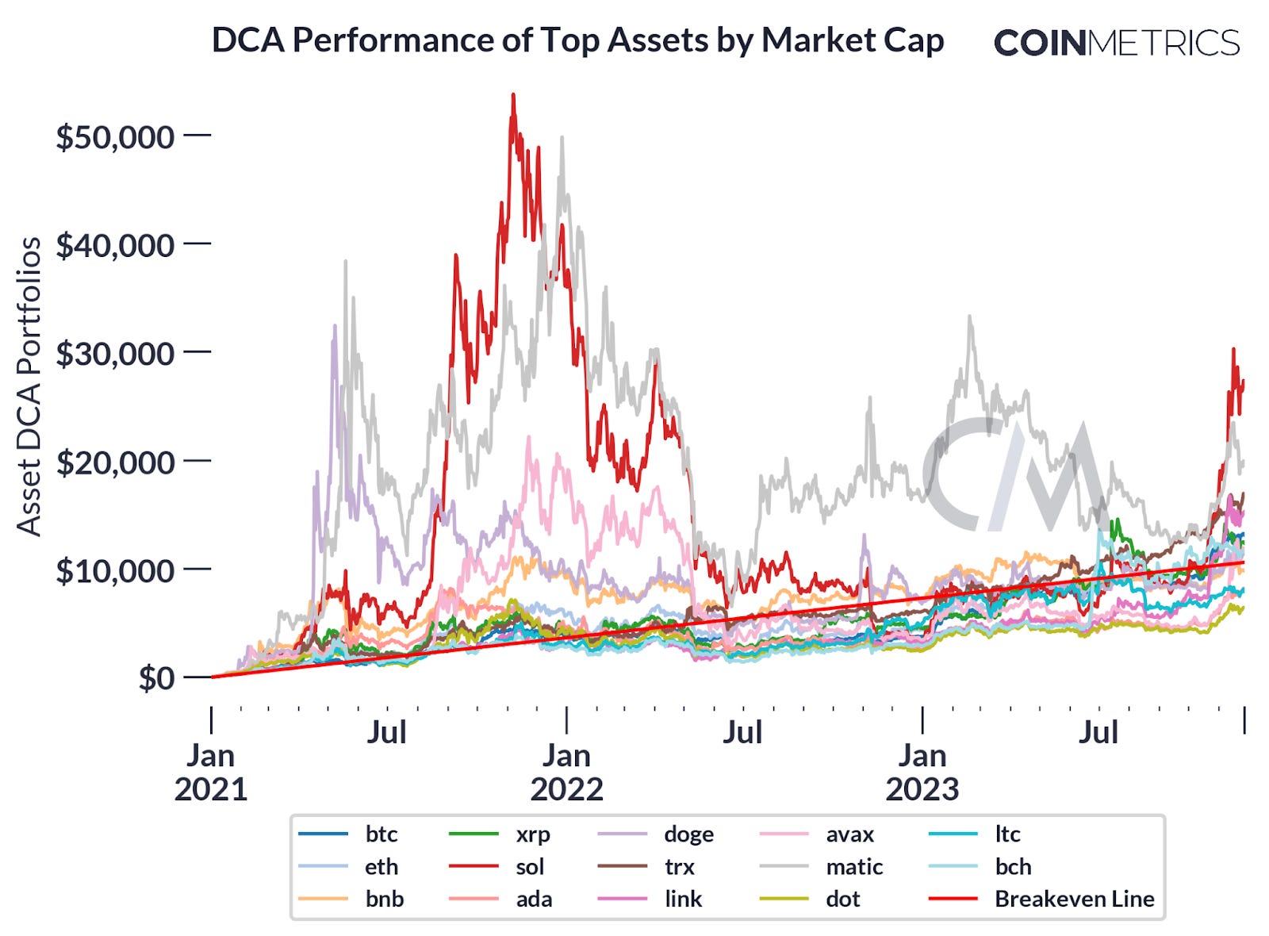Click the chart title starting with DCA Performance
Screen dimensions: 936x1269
tap(577, 40)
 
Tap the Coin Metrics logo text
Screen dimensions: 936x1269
tap(1116, 43)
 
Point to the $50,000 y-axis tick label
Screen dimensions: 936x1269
tap(114, 137)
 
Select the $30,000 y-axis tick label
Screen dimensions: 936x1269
tap(114, 354)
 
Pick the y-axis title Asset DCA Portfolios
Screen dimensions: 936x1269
tap(29, 386)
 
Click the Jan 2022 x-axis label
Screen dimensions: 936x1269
tap(566, 772)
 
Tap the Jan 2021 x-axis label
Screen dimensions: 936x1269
tap(210, 772)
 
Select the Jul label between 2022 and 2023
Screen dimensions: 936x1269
tap(742, 732)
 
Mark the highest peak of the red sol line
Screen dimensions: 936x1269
tap(513, 96)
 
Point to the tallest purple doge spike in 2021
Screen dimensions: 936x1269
tap(335, 326)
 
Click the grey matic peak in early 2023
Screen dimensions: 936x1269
tap(969, 317)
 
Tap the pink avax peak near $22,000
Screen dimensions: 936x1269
tap(529, 437)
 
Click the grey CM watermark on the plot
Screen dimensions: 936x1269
tap(1015, 476)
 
